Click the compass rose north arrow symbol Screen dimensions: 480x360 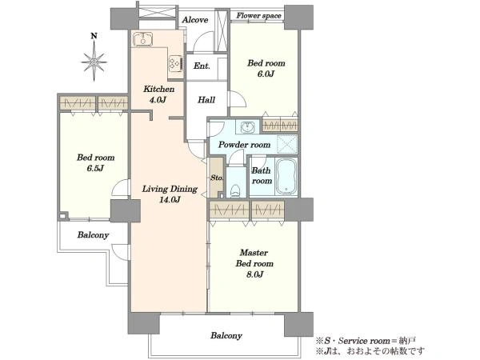point(94,58)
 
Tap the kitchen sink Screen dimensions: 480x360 point(143,39)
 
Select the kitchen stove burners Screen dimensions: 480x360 point(176,63)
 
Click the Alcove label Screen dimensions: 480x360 point(195,20)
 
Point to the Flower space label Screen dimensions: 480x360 point(258,15)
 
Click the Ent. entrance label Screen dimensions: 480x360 point(202,66)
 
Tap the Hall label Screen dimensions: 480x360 point(206,100)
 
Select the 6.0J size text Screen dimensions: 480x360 point(266,74)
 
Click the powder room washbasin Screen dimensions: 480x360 point(247,126)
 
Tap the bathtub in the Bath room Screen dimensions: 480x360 point(286,177)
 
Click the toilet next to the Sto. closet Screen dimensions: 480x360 point(235,190)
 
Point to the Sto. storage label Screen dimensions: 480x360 point(217,178)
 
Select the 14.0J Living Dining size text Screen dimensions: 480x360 point(170,200)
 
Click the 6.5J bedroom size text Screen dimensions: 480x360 point(95,168)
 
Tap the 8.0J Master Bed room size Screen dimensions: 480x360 point(254,274)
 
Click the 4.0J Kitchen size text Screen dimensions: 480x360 point(158,100)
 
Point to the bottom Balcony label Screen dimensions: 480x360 point(226,335)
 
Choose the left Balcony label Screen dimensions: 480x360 point(93,235)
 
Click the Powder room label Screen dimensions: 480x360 point(244,145)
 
